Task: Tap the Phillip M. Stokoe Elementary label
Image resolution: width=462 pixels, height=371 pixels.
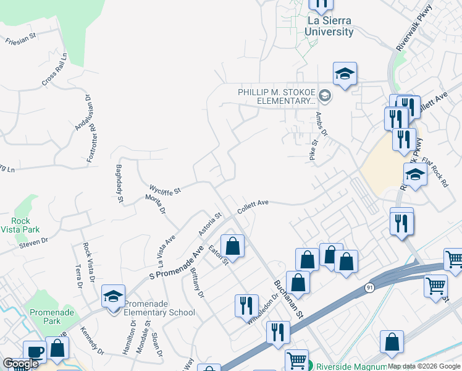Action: [x=277, y=96]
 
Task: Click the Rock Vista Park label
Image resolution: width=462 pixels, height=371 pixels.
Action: [x=25, y=225]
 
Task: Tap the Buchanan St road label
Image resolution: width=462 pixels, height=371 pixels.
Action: [x=289, y=298]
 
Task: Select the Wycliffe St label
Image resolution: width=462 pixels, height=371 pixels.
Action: [x=165, y=189]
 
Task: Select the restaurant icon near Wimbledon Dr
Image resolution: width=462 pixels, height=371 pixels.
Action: [x=246, y=306]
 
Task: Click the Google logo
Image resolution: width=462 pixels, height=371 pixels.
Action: [x=20, y=364]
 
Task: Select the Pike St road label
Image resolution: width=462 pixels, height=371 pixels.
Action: [x=314, y=150]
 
